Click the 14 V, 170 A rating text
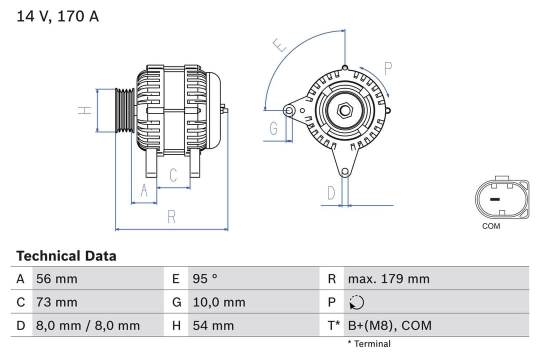(57, 16)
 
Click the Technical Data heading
(66, 256)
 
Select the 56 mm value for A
(57, 278)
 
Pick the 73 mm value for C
(57, 302)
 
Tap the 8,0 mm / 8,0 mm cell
(88, 325)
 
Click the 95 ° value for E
(205, 278)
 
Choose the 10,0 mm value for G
(219, 302)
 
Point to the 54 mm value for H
(213, 325)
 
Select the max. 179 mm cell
(388, 278)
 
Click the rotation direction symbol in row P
(356, 302)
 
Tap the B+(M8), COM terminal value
(389, 325)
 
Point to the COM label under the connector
(491, 226)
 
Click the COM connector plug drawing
(501, 198)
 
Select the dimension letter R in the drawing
(171, 217)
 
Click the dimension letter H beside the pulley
(85, 110)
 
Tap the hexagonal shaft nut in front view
(344, 110)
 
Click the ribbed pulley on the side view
(124, 110)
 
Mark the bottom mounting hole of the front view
(344, 172)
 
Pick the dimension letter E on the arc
(280, 46)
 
